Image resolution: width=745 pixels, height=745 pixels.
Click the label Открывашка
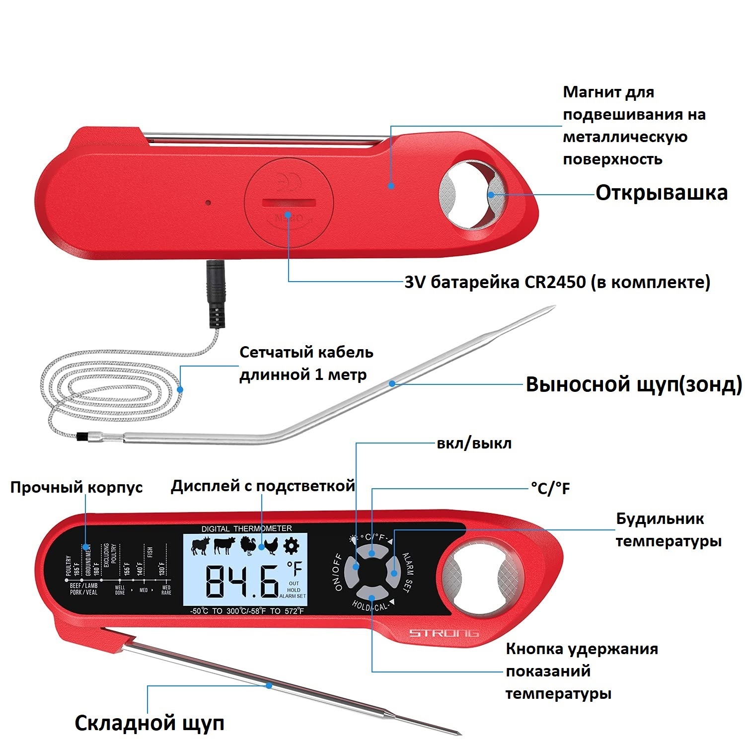coord(661,193)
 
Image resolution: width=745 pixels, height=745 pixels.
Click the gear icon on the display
coord(292,546)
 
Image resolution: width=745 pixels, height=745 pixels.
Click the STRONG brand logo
coord(444,633)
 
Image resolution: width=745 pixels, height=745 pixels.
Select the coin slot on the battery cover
coord(289,202)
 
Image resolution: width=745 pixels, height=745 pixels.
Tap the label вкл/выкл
coord(474,444)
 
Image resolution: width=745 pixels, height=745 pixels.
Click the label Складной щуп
coord(149,723)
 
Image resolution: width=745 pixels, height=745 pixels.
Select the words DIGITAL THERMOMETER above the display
coord(246,528)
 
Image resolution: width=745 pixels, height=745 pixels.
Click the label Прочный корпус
coord(76,487)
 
